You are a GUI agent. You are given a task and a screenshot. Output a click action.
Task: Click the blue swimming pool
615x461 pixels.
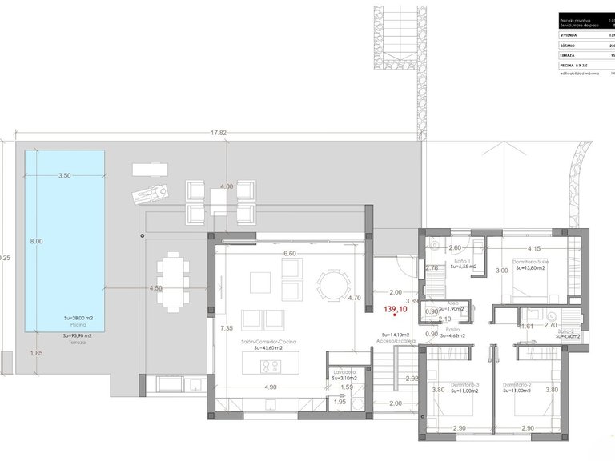pyautogui.click(x=64, y=264)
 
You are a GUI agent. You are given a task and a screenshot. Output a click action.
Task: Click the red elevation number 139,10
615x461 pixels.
pyautogui.click(x=396, y=309)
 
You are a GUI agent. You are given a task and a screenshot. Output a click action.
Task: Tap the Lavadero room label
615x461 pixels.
pyautogui.click(x=340, y=371)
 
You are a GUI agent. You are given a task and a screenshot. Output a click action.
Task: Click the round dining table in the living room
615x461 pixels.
pyautogui.click(x=332, y=285)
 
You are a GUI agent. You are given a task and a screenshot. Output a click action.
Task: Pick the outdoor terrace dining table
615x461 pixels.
pyautogui.click(x=172, y=281)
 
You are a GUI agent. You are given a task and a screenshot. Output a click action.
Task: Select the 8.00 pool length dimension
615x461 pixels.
pyautogui.click(x=36, y=241)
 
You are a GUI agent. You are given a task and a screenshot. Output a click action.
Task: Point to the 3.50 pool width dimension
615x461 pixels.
pyautogui.click(x=65, y=175)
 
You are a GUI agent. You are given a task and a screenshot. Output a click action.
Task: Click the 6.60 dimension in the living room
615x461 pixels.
pyautogui.click(x=290, y=254)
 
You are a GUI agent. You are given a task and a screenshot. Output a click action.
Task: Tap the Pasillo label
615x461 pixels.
pyautogui.click(x=453, y=329)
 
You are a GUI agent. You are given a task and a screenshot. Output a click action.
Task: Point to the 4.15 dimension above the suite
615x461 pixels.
pyautogui.click(x=534, y=248)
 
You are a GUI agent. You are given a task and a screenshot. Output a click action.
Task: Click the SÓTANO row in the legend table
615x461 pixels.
pyautogui.click(x=585, y=46)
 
